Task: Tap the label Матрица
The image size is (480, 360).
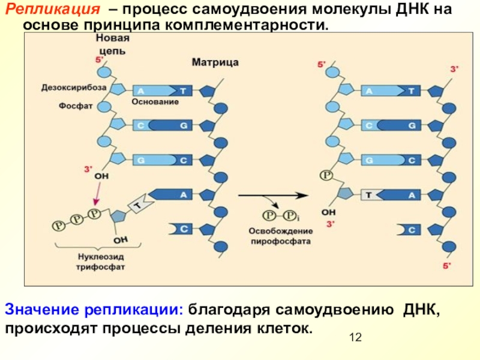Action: (215, 61)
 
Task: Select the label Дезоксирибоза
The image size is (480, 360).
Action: (74, 87)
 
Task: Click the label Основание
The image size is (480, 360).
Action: (155, 102)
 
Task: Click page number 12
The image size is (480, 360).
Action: (355, 339)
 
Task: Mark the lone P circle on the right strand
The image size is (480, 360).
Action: (326, 175)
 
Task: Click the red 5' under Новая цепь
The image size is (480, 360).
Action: (99, 60)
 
